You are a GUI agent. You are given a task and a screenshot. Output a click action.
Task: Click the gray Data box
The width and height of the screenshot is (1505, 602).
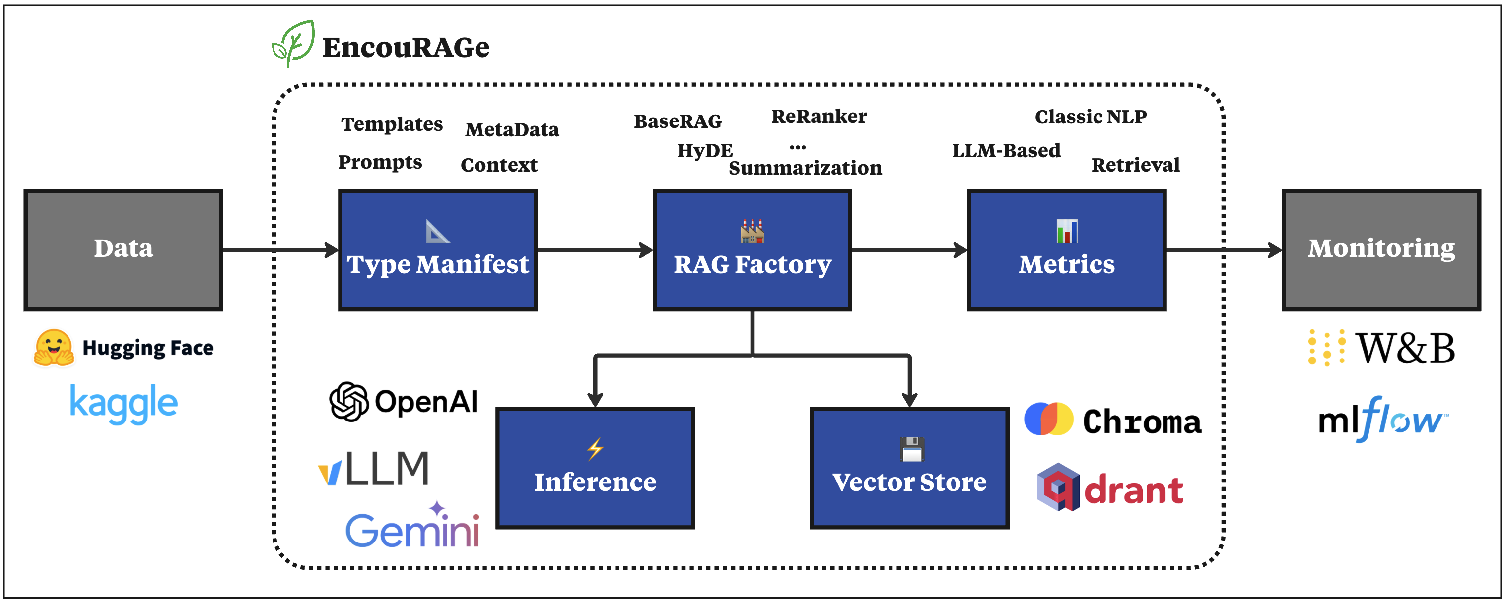coord(123,250)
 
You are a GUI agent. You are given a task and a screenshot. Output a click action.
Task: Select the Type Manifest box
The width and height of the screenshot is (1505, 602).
coord(438,250)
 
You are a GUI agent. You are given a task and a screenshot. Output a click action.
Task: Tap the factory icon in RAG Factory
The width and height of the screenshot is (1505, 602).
coord(752,231)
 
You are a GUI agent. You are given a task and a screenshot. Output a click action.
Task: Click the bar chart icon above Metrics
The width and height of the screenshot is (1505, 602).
coord(1067,231)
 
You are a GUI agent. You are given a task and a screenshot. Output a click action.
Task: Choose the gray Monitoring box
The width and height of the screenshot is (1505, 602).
coord(1380,250)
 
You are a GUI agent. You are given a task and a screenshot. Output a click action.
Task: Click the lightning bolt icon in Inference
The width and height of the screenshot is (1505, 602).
coord(595,448)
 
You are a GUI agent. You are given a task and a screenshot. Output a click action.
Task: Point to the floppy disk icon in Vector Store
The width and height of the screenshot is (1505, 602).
coord(911,449)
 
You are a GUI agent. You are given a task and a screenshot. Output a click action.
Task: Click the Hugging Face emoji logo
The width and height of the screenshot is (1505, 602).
coord(54,348)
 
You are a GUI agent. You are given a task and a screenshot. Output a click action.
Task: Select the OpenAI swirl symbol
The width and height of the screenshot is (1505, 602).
coord(349,402)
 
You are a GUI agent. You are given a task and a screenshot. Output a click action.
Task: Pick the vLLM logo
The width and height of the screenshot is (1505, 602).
coord(374,469)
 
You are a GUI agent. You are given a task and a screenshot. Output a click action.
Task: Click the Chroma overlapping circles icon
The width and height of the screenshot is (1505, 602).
coord(1049,419)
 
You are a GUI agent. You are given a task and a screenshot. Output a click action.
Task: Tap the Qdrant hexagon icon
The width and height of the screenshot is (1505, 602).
coord(1058,487)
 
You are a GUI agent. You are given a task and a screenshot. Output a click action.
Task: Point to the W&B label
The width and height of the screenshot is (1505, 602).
coord(1405,349)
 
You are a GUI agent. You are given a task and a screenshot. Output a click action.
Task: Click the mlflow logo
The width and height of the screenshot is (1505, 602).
coord(1382,419)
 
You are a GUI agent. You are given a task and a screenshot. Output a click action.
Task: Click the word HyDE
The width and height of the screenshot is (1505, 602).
coord(704,151)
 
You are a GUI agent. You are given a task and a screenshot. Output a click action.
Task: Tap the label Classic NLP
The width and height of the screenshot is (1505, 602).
coord(1090,117)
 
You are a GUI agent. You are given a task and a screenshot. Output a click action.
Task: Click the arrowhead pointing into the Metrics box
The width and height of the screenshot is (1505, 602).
coord(960,250)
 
